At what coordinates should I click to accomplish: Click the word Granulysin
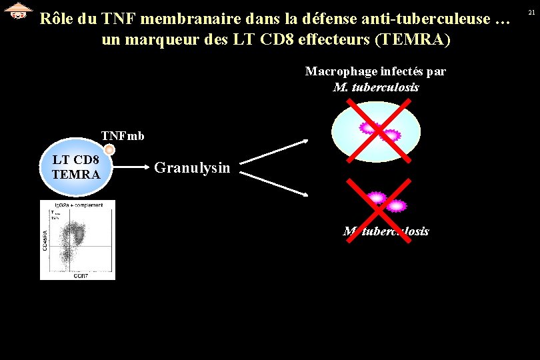coord(192,167)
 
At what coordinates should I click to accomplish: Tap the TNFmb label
coord(123,136)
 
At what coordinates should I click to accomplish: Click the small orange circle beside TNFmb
coord(110,150)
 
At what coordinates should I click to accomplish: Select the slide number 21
coord(531,12)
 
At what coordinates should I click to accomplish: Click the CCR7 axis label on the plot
coord(81,275)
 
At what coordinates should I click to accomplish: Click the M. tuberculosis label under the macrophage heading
coord(376,87)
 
